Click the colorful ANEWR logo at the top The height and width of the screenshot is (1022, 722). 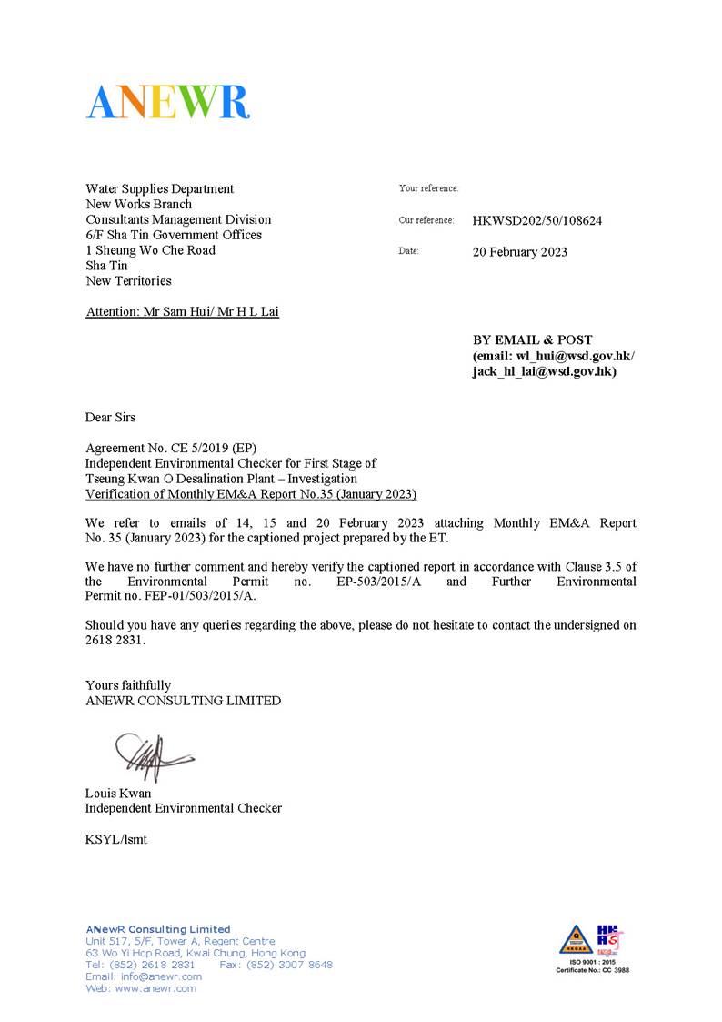pos(168,101)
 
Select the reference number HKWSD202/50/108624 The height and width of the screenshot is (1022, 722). pos(536,220)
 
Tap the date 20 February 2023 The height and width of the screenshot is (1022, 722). pos(519,252)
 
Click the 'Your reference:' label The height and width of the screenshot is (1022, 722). pos(428,188)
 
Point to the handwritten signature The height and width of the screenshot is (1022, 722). pos(151,755)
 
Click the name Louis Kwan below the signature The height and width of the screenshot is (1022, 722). pos(118,793)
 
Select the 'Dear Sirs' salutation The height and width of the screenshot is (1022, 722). pos(110,418)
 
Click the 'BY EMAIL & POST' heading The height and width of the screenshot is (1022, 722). pos(532,339)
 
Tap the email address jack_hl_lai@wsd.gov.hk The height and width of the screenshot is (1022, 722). pos(544,371)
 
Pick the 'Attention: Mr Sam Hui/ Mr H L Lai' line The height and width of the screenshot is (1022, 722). pos(182,312)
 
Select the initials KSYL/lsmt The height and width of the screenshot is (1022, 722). pos(115,839)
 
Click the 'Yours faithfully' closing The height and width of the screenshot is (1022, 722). pos(128,685)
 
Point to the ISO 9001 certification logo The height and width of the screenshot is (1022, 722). pos(592,947)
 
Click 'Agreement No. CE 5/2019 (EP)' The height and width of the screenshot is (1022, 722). pos(171,449)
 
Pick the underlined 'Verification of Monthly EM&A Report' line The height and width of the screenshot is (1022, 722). pos(250,495)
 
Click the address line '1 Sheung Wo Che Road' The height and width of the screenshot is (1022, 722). pos(150,250)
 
